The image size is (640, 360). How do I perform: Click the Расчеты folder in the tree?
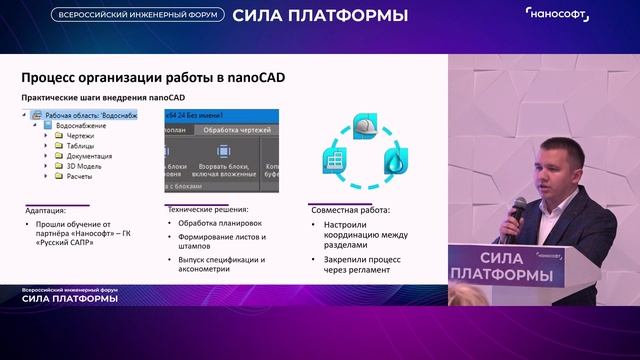(79, 176)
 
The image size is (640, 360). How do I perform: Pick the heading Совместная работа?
(351, 210)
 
